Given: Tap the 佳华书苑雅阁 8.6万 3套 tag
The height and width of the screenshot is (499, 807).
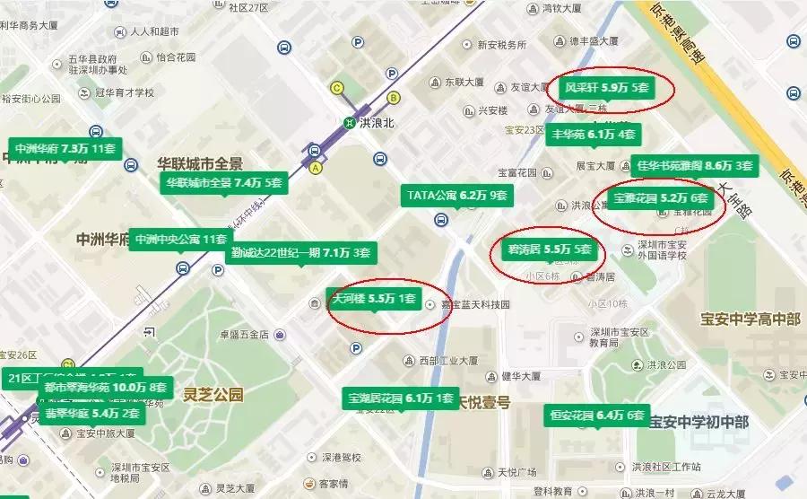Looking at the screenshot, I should [693, 165].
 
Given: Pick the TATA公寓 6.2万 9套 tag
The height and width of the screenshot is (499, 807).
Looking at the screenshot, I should [457, 195].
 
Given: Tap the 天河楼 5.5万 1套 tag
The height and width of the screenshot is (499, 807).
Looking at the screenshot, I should [373, 298].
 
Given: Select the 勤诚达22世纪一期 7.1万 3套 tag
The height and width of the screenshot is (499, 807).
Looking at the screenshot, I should [299, 252].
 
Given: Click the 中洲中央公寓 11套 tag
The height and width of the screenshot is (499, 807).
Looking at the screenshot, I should [180, 240].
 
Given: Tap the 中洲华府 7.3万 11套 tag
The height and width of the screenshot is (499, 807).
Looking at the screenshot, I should [65, 148].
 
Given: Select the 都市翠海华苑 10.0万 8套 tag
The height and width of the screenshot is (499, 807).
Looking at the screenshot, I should [106, 388].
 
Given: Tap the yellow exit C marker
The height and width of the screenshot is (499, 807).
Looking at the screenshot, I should [338, 87].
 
